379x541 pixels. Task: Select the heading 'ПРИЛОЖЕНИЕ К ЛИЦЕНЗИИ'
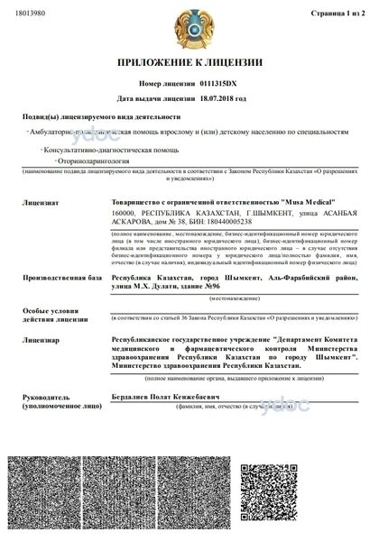(x=189, y=63)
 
